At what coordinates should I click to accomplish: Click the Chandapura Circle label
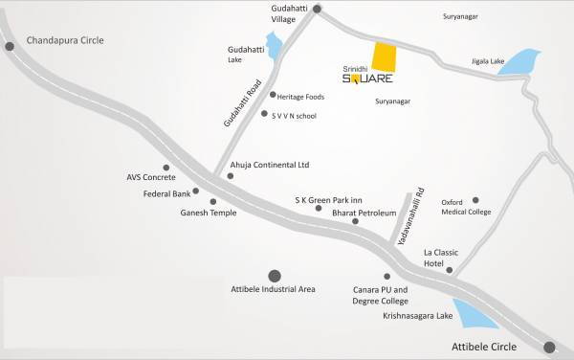tap(64, 40)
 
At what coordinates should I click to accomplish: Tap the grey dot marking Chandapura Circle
tap(10, 45)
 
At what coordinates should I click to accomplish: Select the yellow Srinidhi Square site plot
tap(383, 57)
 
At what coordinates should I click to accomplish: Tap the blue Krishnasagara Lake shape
tap(475, 315)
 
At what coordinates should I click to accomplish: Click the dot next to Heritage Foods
tap(273, 95)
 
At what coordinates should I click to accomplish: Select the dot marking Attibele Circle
tap(549, 348)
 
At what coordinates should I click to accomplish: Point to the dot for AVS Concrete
tap(166, 167)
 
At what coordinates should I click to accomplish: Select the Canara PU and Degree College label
tap(381, 294)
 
